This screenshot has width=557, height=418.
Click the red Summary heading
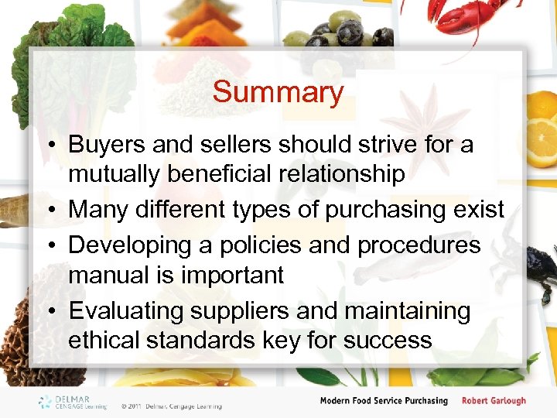(278, 92)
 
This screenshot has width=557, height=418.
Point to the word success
(386, 340)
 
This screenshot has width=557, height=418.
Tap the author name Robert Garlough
(494, 401)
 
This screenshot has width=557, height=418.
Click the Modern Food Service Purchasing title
(384, 401)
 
